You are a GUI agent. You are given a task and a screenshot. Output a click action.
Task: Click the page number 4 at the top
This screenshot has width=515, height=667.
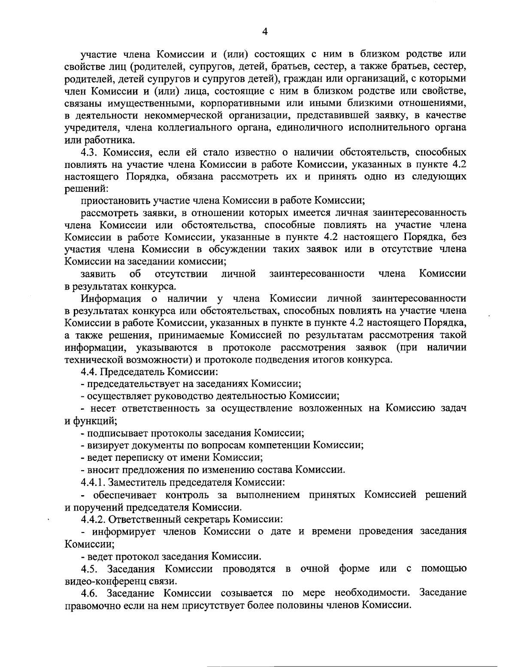264,32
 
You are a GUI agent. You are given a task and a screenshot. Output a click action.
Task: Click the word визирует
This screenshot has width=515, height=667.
105,445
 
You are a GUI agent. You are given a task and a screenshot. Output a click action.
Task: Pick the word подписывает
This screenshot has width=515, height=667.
112,432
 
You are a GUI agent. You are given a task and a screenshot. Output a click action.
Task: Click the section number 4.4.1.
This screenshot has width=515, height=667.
93,482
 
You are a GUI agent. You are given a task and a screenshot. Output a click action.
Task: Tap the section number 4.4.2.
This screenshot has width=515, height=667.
93,519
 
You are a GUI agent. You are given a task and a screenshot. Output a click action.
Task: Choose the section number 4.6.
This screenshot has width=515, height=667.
89,593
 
